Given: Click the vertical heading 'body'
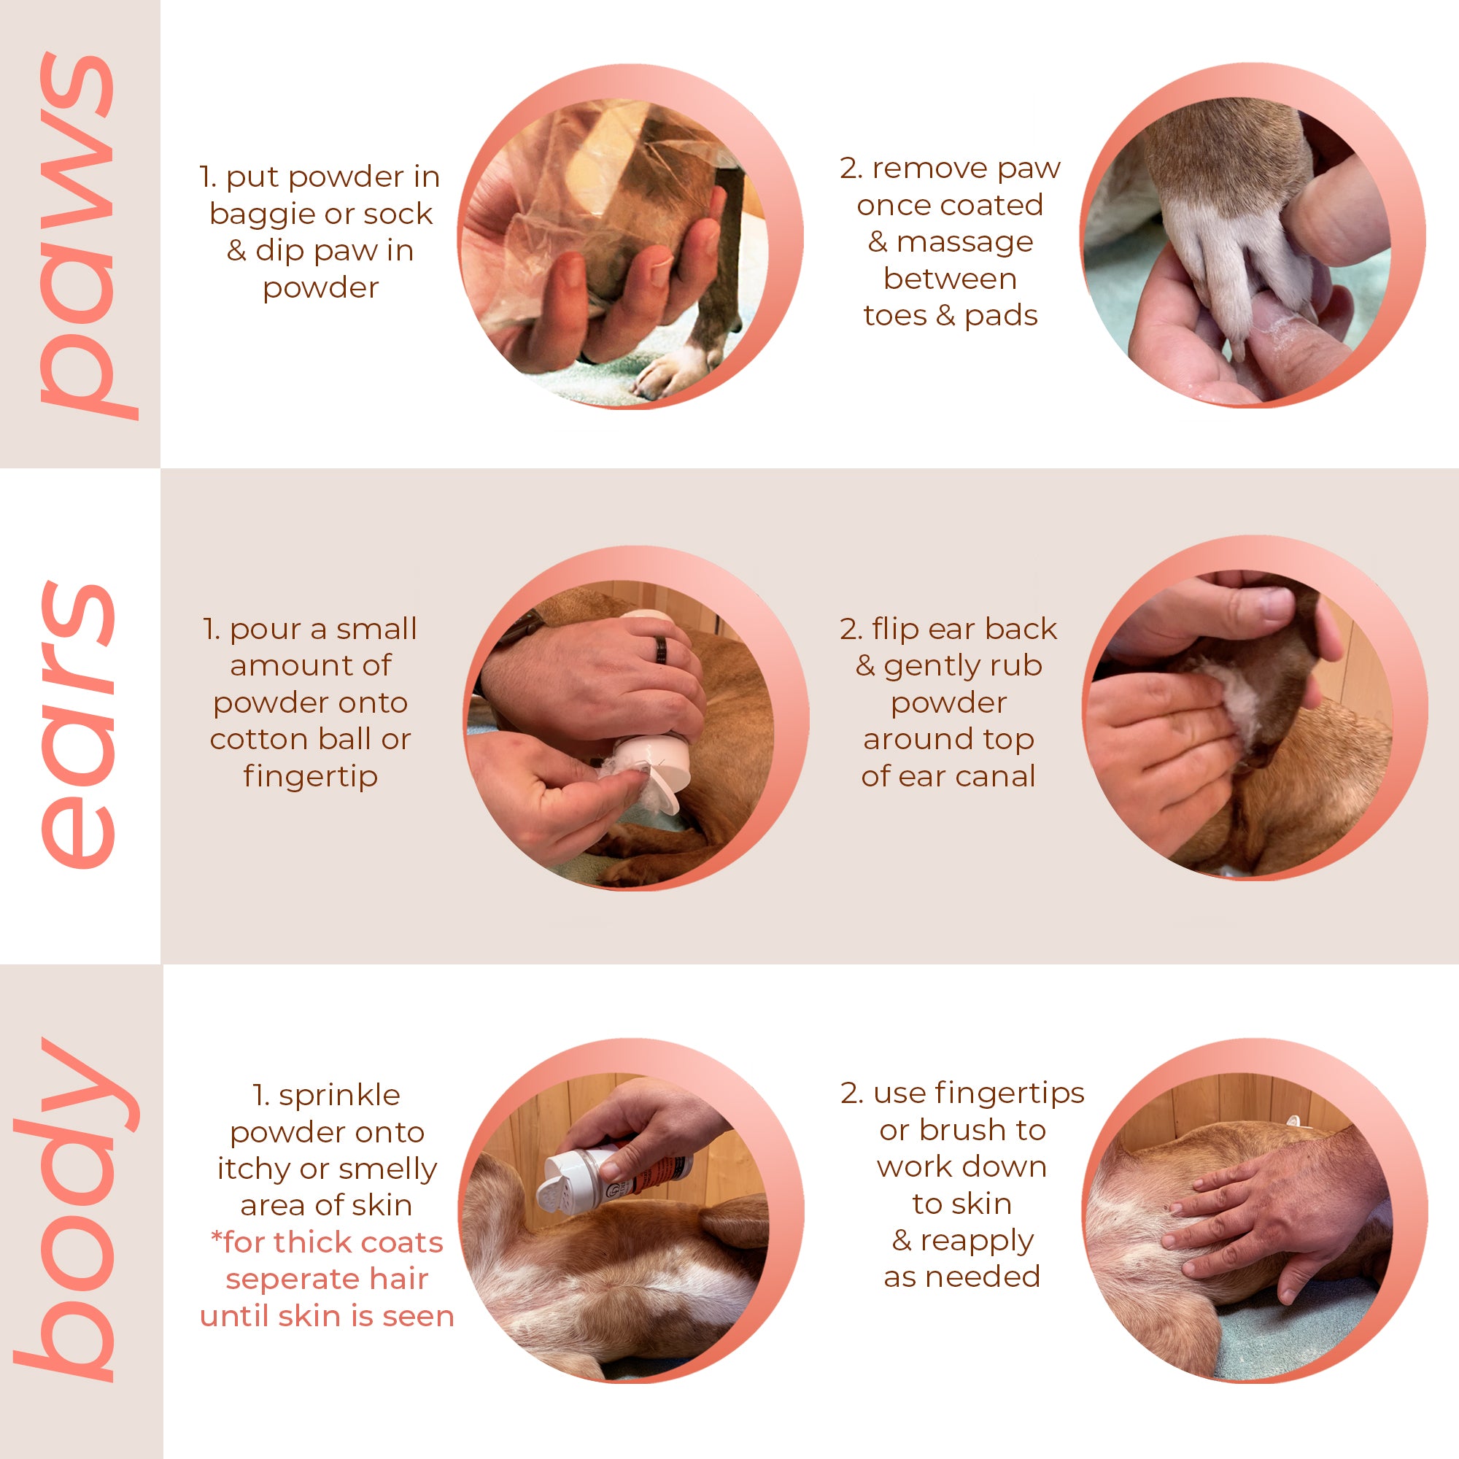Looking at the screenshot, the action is point(76,1208).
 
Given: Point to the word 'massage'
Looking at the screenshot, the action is point(965,243).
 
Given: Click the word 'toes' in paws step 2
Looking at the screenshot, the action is point(895,315).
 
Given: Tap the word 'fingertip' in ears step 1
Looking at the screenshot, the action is point(310,776).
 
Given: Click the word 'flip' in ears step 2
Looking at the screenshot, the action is point(895,629).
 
